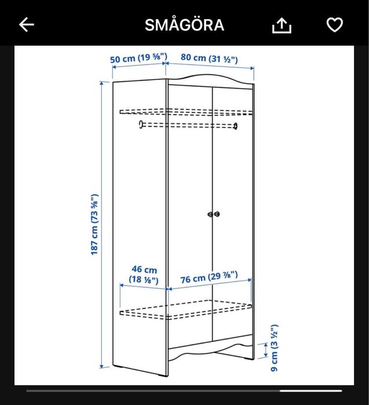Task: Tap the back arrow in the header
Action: tap(27, 24)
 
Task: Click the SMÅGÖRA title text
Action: tap(184, 25)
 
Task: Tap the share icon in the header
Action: tap(282, 25)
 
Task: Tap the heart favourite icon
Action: tap(335, 24)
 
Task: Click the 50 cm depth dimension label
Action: tap(139, 58)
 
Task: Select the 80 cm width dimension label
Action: tap(209, 58)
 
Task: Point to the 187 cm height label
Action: tap(94, 224)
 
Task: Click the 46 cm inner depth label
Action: tap(144, 275)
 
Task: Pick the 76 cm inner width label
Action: tap(207, 279)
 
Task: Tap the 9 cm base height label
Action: tap(275, 348)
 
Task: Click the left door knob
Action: tap(210, 214)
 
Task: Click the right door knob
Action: tap(217, 214)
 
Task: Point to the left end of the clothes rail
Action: tap(141, 124)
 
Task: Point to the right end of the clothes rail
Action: tap(235, 125)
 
